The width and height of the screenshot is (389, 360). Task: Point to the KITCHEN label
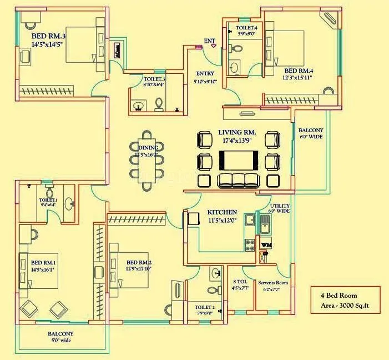pyautogui.click(x=223, y=212)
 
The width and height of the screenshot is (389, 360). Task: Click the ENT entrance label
pyautogui.click(x=209, y=42)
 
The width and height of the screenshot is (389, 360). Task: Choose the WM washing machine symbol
pyautogui.click(x=266, y=244)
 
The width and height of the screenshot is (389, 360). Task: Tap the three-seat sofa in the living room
pyautogui.click(x=238, y=181)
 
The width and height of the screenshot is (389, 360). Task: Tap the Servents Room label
pyautogui.click(x=272, y=282)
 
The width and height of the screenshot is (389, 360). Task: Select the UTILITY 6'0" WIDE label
pyautogui.click(x=279, y=208)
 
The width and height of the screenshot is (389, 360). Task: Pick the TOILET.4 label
pyautogui.click(x=246, y=28)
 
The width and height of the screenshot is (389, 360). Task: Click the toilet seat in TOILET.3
pyautogui.click(x=159, y=103)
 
